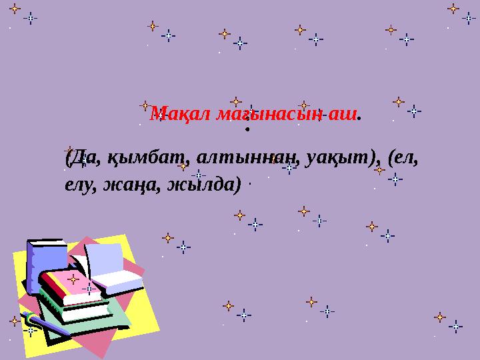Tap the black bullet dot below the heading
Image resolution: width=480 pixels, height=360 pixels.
(x=247, y=129)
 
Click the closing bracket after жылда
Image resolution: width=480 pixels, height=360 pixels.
(x=237, y=184)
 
